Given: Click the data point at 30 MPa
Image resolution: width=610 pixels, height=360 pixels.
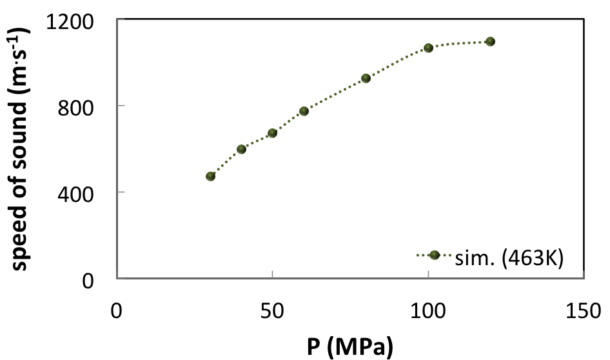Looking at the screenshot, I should (x=210, y=176).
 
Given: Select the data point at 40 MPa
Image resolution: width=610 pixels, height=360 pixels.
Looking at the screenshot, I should (x=242, y=149).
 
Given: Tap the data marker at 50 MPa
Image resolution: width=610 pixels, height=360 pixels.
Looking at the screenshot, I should (x=272, y=133).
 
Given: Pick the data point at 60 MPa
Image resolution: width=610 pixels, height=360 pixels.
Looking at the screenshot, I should (x=304, y=111).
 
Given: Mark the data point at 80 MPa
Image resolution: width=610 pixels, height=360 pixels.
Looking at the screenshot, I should (x=366, y=78).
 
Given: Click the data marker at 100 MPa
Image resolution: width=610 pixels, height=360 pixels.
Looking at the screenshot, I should (x=428, y=48).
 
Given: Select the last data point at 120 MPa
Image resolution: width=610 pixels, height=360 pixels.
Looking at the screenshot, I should (x=490, y=41).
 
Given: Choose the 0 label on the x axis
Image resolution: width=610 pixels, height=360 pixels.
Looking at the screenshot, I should (x=117, y=310).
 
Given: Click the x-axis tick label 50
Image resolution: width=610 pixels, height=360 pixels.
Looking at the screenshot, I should (x=272, y=310).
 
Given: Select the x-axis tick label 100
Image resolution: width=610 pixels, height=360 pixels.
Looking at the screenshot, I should (x=428, y=310).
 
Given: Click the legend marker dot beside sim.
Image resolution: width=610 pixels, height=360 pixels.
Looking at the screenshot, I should (x=435, y=255).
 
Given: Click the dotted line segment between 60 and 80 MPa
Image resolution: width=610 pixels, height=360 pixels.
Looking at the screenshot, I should (x=335, y=94).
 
